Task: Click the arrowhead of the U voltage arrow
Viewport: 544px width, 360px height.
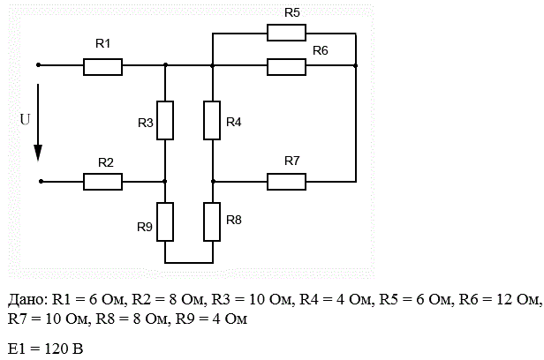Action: coord(38,153)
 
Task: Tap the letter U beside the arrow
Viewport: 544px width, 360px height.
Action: coord(25,119)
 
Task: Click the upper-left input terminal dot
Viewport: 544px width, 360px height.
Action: coord(39,64)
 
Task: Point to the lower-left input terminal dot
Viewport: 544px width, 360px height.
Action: coord(41,181)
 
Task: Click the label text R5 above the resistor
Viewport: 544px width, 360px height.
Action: coord(291,13)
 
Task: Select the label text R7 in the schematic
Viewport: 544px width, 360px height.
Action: coord(291,161)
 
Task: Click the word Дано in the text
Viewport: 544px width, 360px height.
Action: coord(26,300)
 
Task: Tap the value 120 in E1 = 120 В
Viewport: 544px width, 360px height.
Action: coord(57,349)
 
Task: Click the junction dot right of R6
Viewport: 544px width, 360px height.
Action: coord(356,65)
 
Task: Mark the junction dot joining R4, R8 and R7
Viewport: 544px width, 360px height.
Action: coord(213,181)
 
